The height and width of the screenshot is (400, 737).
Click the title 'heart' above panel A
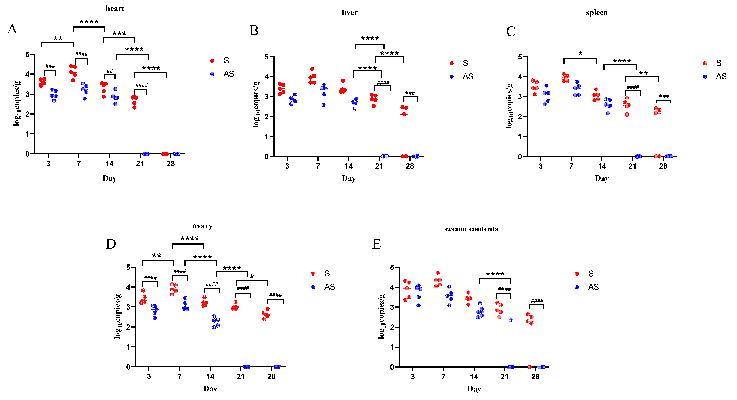115,9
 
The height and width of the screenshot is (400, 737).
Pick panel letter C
511,31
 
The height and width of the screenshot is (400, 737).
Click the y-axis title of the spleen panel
509,106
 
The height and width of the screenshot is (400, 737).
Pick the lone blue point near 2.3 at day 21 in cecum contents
510,320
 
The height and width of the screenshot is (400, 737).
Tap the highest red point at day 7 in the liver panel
312,69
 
